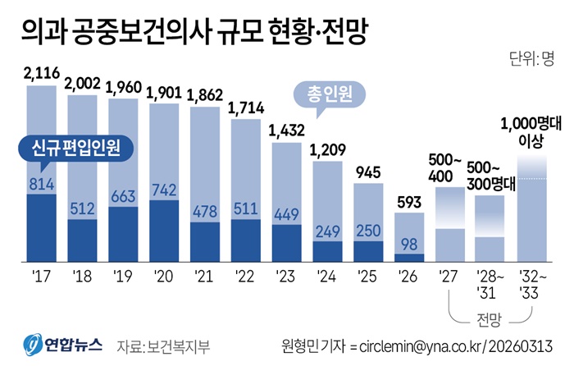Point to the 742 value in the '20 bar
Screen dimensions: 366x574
[x=163, y=189]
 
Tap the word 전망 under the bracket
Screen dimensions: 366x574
[x=491, y=318]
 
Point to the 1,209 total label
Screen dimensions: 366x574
[x=327, y=151]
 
